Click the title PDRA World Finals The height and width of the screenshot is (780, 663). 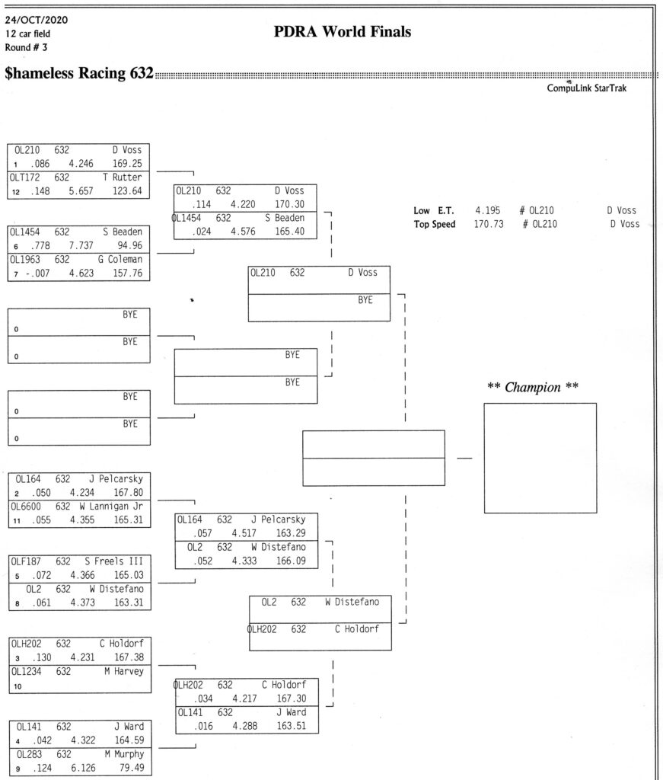343,32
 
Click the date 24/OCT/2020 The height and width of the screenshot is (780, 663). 37,20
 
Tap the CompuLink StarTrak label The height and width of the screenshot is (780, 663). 586,88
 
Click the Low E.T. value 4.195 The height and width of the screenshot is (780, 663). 488,210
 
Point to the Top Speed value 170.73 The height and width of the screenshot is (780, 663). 489,224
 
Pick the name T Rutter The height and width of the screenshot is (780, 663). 123,177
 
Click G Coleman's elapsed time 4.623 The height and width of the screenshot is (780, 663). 81,273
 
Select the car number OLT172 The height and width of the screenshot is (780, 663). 24,177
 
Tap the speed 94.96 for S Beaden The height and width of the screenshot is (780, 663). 129,245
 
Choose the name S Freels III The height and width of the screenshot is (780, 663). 114,561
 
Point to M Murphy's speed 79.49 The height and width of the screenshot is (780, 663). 132,768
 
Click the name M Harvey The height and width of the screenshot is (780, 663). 124,671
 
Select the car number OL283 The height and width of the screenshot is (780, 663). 30,754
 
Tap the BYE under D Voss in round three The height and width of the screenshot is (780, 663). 365,300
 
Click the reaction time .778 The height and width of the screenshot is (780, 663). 40,245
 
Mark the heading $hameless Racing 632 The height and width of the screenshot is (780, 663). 79,73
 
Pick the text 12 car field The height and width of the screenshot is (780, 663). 28,34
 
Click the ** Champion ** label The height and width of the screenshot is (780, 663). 533,387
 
